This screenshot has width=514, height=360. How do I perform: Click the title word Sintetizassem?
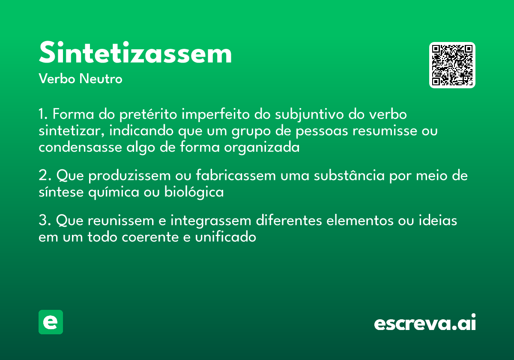(x=135, y=54)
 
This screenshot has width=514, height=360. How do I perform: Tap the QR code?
(x=452, y=65)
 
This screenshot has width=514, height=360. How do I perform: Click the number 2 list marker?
(x=43, y=176)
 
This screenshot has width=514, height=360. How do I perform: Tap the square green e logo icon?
(x=51, y=322)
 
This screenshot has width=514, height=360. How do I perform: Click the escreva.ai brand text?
(x=425, y=323)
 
